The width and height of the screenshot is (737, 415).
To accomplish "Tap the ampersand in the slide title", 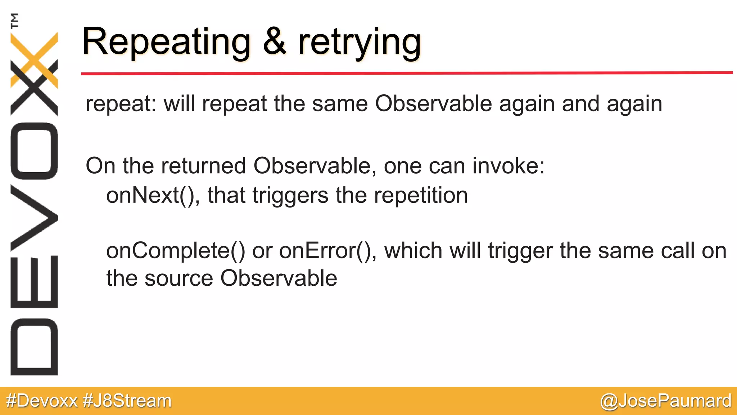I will (x=275, y=43).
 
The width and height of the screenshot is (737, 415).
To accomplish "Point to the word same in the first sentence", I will (x=340, y=104).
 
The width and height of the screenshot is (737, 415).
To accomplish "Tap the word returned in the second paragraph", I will (x=203, y=166).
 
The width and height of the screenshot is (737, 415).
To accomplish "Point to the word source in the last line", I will (x=179, y=279).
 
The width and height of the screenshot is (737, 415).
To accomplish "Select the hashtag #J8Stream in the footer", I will (x=127, y=401).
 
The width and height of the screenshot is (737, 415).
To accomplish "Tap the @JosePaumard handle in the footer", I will (x=665, y=401).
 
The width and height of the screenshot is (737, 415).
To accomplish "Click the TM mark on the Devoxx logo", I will (x=14, y=21).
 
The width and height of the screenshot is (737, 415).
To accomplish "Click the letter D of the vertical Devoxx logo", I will (x=34, y=347).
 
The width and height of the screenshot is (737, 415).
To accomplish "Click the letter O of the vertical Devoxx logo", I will (x=34, y=151).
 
